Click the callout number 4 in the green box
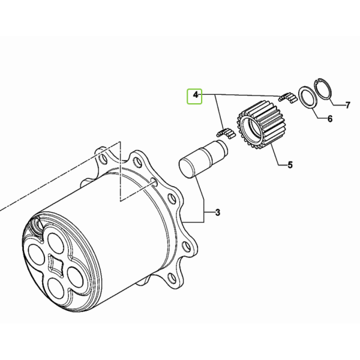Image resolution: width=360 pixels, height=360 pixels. tap(196, 95)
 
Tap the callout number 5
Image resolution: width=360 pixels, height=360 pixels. tap(290, 165)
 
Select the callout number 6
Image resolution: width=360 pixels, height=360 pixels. tap(329, 119)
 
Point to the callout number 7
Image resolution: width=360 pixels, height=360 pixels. tap(348, 105)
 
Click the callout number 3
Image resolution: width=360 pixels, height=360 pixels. tap(218, 212)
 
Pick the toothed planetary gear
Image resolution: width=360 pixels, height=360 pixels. tap(260, 125)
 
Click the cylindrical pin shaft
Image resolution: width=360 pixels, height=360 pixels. tap(203, 158)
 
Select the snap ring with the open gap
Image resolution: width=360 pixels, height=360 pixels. tap(323, 89)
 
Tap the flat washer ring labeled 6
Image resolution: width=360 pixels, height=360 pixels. tap(308, 97)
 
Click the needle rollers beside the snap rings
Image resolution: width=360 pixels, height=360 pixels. tap(287, 97)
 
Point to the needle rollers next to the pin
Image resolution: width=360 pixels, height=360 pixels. tap(226, 133)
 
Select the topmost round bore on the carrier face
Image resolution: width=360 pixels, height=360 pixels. tap(56, 244)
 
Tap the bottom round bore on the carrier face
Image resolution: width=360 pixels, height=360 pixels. tap(57, 288)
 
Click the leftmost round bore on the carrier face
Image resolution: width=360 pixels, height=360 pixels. tap(36, 256)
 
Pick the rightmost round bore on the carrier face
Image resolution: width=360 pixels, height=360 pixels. tap(76, 277)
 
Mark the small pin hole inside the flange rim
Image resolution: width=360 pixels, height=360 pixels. tap(154, 182)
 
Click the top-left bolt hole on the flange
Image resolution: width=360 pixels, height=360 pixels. tap(103, 158)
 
